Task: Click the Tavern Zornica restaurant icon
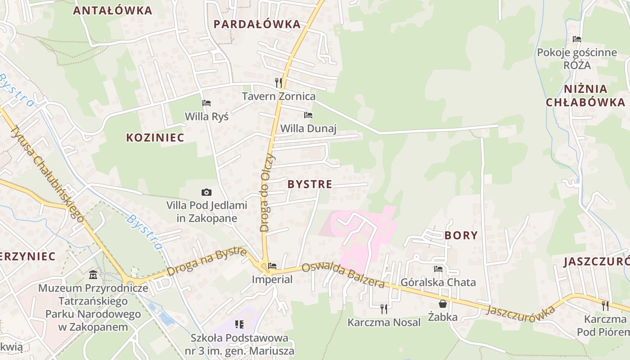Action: point(279,83)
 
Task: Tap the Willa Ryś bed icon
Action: point(207,103)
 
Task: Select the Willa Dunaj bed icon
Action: point(308,115)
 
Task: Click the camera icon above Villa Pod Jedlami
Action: point(207,193)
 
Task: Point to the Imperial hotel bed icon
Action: point(272,266)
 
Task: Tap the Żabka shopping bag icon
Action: point(443,304)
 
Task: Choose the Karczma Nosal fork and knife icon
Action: point(384,309)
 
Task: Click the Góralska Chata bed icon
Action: point(438,269)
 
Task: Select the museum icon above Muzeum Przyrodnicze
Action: point(93,274)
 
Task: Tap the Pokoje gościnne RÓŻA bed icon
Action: point(577,39)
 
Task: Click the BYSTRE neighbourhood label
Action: point(310,184)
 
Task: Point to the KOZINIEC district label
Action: point(155,138)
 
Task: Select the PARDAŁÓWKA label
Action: point(257,24)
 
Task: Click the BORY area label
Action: point(461,235)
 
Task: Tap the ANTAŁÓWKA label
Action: point(112,11)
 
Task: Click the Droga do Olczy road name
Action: point(267,192)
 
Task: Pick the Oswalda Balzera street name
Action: point(343,274)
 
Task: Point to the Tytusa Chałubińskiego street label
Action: point(47,173)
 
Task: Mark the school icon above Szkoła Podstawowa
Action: point(239,324)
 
